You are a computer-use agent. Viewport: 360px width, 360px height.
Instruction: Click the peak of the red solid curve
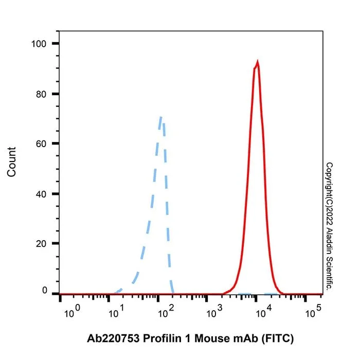(258, 62)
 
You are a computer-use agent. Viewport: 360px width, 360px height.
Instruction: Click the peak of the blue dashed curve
(160, 117)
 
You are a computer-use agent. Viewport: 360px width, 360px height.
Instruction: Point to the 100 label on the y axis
(39, 44)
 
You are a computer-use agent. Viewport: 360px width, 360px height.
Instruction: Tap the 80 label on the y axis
(41, 94)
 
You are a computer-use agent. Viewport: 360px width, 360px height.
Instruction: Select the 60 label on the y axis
(41, 144)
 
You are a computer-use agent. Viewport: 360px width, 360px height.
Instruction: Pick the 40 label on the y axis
(41, 194)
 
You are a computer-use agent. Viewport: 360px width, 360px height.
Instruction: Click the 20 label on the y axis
(41, 244)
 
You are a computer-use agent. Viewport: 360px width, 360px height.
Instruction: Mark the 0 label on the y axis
(45, 291)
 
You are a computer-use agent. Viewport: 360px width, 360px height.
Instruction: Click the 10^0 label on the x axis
(72, 311)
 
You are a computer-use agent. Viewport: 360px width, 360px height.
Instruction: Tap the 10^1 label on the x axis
(116, 311)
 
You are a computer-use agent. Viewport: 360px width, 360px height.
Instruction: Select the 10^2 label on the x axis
(166, 311)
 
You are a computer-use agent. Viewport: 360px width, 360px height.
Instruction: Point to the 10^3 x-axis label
(214, 311)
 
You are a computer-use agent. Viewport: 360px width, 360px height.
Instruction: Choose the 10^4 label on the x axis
(264, 311)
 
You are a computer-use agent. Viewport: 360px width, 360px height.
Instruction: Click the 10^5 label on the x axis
(313, 311)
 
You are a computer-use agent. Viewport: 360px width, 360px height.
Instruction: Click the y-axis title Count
(11, 162)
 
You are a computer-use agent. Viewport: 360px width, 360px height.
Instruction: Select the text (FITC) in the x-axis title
(278, 338)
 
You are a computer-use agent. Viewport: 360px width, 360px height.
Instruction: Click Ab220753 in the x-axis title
(113, 338)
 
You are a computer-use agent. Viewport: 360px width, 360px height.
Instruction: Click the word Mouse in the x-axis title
(212, 338)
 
